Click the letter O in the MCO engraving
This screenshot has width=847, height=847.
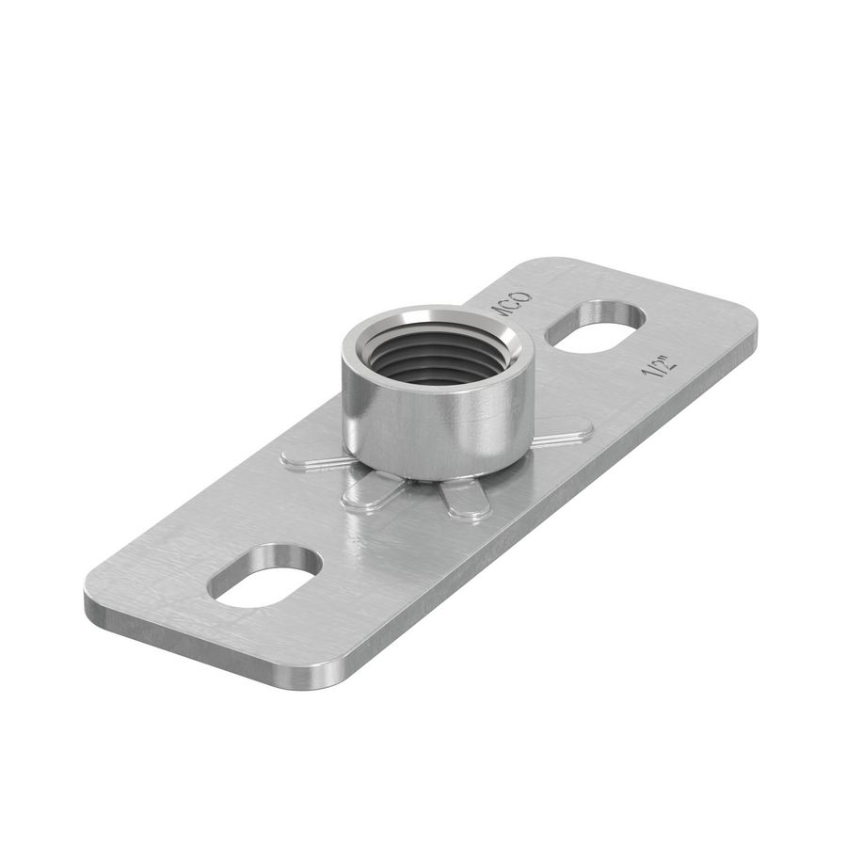click(x=523, y=299)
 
